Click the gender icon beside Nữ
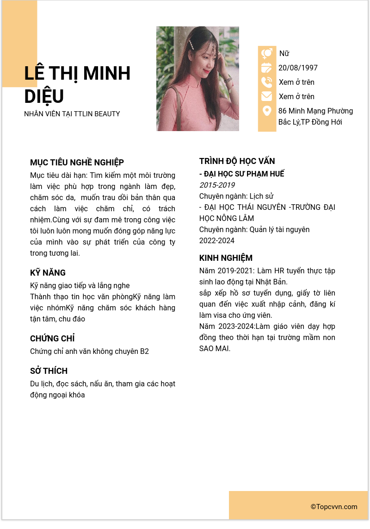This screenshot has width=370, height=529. (x=267, y=54)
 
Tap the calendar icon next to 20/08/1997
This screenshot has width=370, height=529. (x=267, y=68)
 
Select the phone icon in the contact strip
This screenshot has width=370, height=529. (x=267, y=82)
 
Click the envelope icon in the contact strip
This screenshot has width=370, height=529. (x=267, y=96)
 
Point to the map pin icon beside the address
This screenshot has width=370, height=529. (x=267, y=111)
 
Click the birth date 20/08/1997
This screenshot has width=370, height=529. (x=298, y=68)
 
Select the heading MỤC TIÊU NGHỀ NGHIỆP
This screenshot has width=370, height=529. (x=77, y=163)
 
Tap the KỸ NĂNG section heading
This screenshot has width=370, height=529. (x=48, y=273)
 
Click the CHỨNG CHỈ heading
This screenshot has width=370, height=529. (x=52, y=339)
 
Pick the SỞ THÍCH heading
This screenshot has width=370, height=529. (x=49, y=371)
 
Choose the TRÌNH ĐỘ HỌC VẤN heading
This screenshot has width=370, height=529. (x=237, y=161)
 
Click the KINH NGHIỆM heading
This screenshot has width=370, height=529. (x=226, y=258)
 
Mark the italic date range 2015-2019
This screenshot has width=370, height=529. (x=217, y=185)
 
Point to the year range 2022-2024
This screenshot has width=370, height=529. (x=217, y=241)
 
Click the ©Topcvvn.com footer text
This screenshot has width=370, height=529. (x=334, y=507)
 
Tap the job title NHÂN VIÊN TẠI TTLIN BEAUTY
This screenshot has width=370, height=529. (x=72, y=114)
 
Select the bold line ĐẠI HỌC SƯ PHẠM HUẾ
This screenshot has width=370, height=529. (x=241, y=174)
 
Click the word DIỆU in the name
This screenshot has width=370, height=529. (x=44, y=96)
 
